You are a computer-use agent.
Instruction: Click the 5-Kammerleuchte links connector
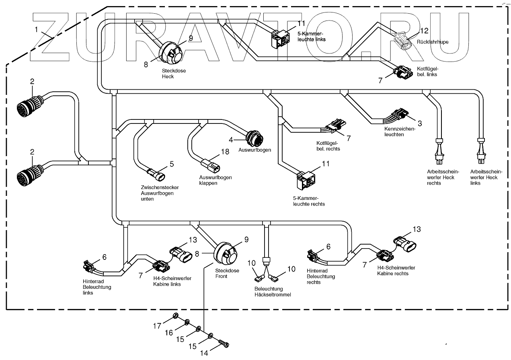click(280, 38)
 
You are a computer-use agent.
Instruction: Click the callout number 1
click(37, 30)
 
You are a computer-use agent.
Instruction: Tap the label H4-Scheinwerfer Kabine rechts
click(396, 270)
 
